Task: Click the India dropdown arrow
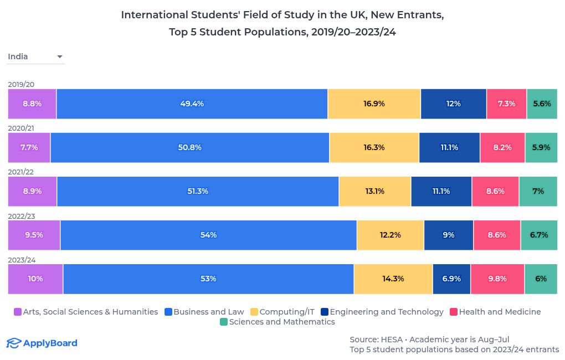pos(60,56)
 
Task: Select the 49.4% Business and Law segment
pos(192,104)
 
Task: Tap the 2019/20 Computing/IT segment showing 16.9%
pos(374,104)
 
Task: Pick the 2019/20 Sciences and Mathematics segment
pos(542,104)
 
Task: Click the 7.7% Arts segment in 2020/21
pos(29,147)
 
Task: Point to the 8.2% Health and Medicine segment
pos(502,147)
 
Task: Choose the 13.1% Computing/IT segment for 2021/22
pos(374,191)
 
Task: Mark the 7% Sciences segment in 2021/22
pos(538,191)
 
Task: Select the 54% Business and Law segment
pos(208,235)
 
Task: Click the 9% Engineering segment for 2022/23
pos(449,235)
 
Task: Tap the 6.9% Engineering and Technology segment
pos(451,279)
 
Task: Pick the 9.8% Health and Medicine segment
pos(497,279)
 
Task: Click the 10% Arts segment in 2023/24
pos(35,279)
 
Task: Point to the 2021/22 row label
pos(21,172)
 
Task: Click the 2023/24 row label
pos(21,260)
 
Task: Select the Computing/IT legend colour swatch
pos(254,312)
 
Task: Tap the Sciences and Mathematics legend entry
pos(277,322)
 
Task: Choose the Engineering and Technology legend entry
pos(382,312)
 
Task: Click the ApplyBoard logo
pos(42,343)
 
